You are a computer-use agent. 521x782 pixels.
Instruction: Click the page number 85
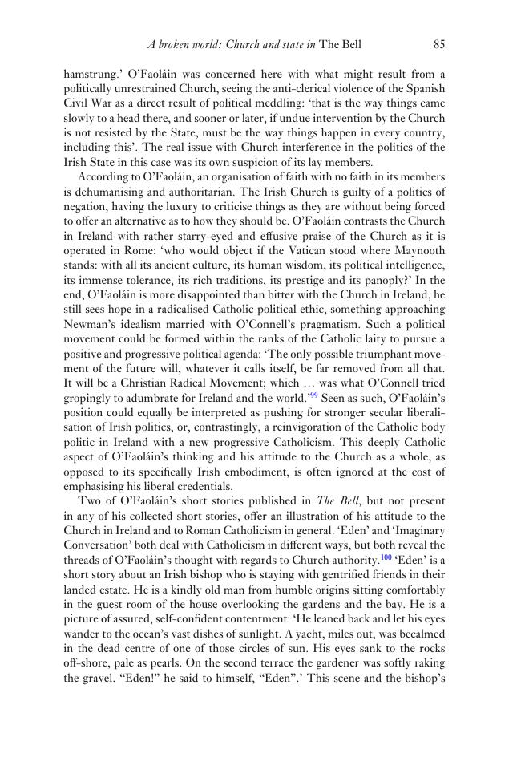click(x=439, y=44)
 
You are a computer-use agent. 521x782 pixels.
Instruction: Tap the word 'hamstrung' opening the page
click(x=90, y=75)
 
